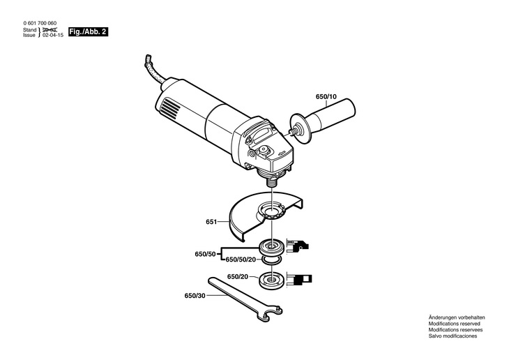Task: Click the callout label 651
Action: (x=211, y=223)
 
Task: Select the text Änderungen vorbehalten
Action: (x=456, y=317)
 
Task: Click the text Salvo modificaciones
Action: (x=453, y=336)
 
